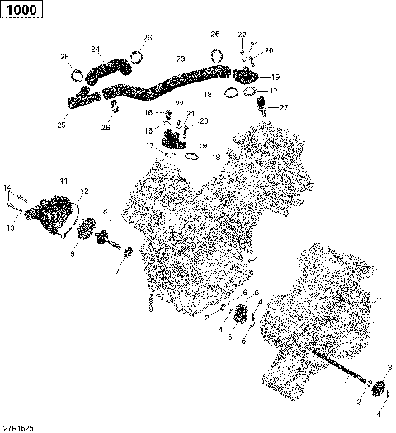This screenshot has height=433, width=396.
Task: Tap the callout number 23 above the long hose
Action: (x=181, y=59)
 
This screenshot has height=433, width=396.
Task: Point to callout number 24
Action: (x=96, y=49)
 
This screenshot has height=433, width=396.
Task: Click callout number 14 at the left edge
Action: (x=7, y=186)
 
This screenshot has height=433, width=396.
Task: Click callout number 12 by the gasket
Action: (x=83, y=191)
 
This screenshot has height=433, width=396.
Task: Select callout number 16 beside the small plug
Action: (x=149, y=113)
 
